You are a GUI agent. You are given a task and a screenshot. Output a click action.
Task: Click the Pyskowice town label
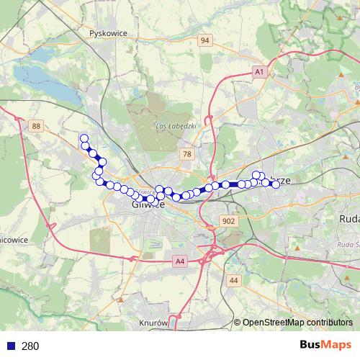click(109, 33)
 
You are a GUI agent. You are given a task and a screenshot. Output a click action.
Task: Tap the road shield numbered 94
click(205, 40)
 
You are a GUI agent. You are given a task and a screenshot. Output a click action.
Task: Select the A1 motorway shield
click(259, 72)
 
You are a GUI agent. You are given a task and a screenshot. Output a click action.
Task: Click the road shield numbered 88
click(36, 126)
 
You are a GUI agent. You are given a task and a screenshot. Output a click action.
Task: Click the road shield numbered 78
click(187, 154)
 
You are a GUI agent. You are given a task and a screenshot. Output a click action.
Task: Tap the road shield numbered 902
click(229, 221)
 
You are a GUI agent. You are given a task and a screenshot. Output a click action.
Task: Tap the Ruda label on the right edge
click(348, 217)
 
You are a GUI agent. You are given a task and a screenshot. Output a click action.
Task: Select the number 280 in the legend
click(30, 346)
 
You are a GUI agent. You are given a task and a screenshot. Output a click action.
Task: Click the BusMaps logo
click(326, 346)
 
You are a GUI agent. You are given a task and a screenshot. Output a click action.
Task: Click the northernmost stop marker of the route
click(84, 138)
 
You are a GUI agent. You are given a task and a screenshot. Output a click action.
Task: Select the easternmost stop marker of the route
click(276, 184)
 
